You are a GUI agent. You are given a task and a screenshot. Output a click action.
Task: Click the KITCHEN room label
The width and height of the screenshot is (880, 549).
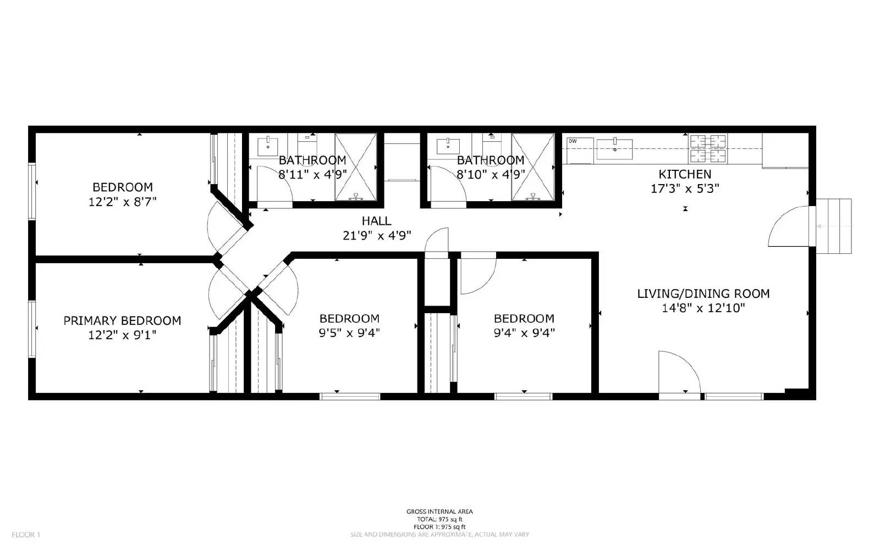685,174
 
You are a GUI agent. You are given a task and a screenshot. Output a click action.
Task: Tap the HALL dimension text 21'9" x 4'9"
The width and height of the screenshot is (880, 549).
377,236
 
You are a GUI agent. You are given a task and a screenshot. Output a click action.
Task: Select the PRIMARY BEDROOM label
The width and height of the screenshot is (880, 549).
122,320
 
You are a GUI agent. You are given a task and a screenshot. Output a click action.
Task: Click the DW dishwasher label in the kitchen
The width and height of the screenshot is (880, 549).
573,141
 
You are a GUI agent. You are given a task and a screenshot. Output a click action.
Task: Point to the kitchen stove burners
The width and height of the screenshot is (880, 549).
708,149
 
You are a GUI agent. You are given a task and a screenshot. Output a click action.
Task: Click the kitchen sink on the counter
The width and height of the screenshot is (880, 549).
614,149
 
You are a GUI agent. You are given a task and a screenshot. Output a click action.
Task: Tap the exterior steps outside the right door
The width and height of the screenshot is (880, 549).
833,226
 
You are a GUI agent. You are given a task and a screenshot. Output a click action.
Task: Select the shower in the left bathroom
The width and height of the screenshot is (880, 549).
355,167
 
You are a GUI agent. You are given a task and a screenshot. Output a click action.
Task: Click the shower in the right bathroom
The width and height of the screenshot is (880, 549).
532,167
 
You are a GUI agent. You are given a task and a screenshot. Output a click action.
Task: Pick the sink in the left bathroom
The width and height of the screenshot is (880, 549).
268,147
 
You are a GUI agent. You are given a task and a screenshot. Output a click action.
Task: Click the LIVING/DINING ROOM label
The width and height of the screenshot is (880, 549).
703,293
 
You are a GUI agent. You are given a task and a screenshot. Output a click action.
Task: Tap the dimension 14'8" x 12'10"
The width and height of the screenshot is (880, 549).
703,308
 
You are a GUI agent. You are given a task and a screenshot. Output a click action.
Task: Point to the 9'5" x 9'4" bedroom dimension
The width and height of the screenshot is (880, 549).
349,332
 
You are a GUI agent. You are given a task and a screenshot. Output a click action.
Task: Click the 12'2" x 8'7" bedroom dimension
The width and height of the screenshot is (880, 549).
123,202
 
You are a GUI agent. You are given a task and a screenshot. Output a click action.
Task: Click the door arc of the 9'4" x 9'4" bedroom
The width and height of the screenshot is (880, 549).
477,275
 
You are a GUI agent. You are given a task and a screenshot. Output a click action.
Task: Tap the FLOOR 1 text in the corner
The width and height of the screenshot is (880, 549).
26,534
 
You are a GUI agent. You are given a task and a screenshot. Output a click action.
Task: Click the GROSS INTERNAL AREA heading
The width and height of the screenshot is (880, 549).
439,512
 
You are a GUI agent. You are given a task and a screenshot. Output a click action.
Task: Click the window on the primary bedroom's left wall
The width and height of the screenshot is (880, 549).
32,328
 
